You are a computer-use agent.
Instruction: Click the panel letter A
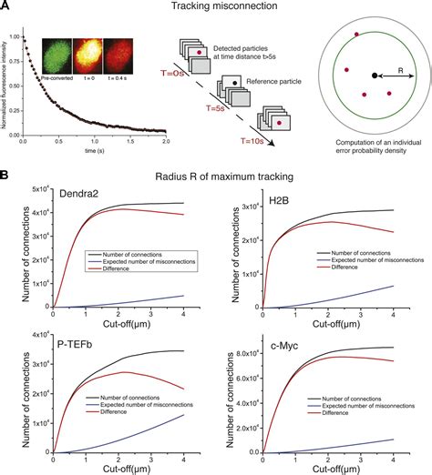(7, 7)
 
